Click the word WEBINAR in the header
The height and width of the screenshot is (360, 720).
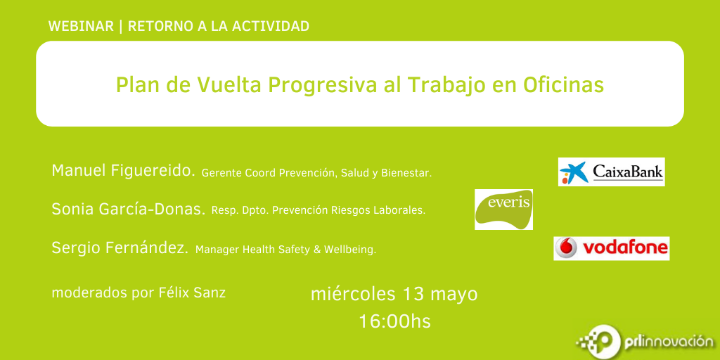pos(81,27)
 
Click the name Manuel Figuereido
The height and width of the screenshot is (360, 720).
pos(124,171)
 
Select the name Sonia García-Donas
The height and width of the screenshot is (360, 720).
pos(129,209)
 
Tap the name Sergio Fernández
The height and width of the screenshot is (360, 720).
pos(120,248)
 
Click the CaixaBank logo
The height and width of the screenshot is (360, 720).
pos(611,172)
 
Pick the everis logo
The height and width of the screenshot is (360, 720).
pos(503,209)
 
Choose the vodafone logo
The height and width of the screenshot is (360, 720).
pos(611,248)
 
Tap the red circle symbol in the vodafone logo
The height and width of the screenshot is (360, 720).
pos(566,248)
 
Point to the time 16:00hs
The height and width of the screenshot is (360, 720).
pos(395,321)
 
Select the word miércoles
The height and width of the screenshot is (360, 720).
pos(353,294)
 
